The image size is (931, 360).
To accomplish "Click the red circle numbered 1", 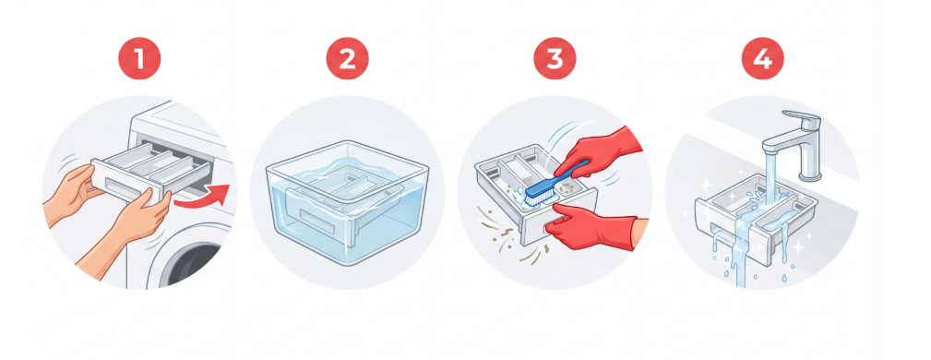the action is pyautogui.click(x=139, y=58).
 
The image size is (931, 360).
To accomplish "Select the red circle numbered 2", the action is pyautogui.click(x=347, y=58).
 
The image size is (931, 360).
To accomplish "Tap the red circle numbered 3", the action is pyautogui.click(x=555, y=58).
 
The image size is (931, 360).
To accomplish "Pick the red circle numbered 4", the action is pyautogui.click(x=762, y=58).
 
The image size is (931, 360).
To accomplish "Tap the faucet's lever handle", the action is pyautogui.click(x=803, y=118).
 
